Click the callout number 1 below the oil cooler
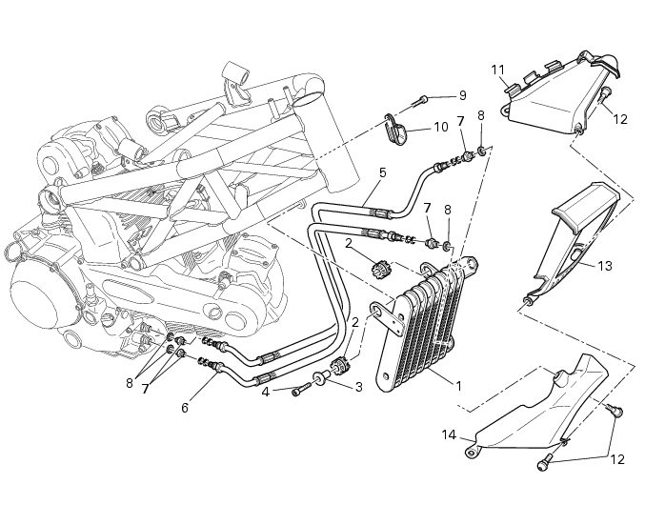coord(458,387)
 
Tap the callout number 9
coord(462,95)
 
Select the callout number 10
coord(440,127)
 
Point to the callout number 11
coord(497,69)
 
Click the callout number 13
coord(604,267)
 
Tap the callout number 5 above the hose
coord(382,172)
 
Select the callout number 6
coord(185,407)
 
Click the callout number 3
coord(358,387)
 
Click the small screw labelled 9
coord(421,99)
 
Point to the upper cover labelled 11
coord(553,95)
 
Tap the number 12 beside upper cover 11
coord(620,120)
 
